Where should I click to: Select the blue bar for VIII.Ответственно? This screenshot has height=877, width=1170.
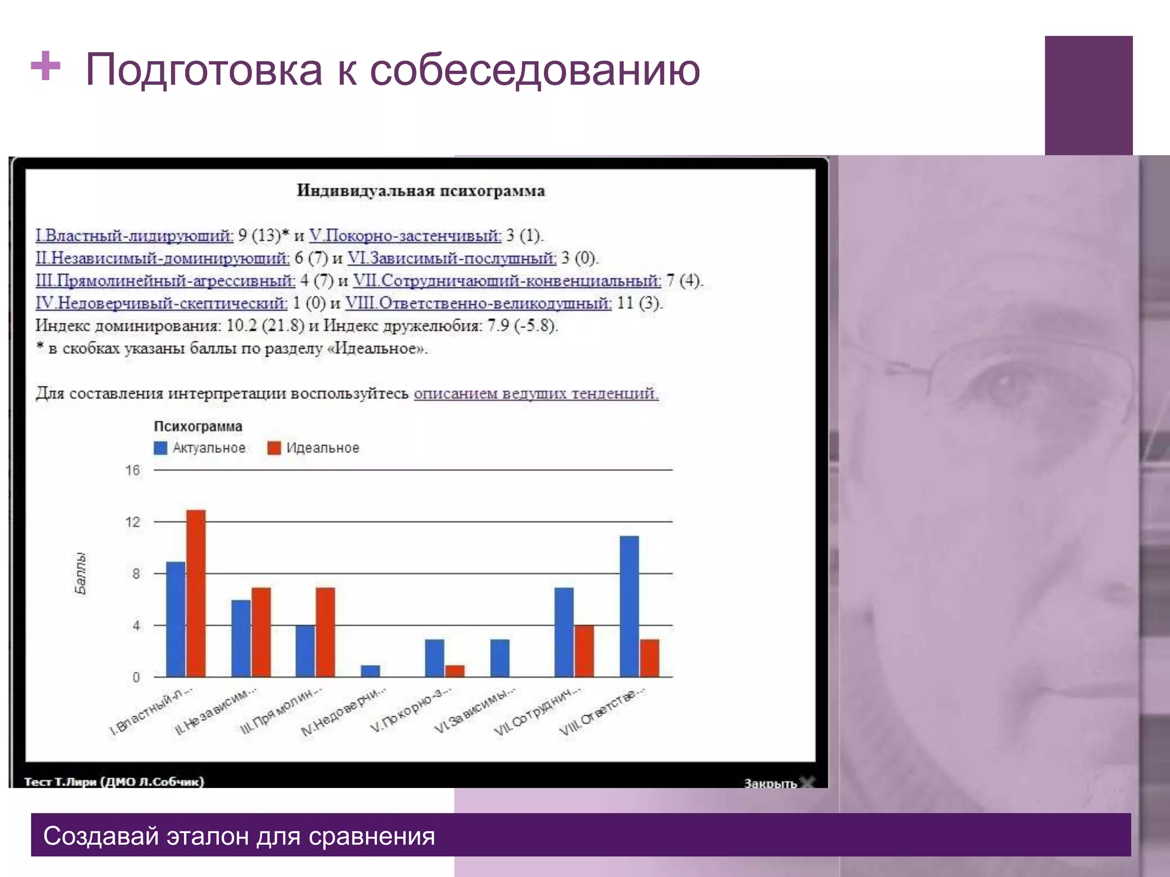(629, 606)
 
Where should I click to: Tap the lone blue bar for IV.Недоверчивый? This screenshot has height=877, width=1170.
(370, 671)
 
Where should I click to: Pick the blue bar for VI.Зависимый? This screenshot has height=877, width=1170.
(499, 658)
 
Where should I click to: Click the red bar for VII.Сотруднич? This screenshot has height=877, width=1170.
(584, 651)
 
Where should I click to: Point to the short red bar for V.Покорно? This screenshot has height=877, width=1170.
(455, 671)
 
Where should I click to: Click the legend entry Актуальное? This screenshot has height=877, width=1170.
(200, 448)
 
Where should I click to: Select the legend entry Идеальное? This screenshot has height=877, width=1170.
(314, 448)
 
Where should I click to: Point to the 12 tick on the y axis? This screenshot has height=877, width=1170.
(133, 522)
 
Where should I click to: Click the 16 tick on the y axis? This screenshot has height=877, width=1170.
(133, 470)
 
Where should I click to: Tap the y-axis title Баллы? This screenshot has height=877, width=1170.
(81, 573)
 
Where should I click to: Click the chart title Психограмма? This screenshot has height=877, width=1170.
(198, 427)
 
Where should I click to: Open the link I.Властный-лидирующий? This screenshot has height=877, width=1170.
(134, 236)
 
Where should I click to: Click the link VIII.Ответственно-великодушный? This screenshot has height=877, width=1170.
(478, 303)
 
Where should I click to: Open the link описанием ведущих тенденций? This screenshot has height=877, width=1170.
(536, 393)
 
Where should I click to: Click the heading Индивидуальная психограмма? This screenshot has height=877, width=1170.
(420, 191)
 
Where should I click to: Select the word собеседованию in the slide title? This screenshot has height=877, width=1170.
(535, 70)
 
